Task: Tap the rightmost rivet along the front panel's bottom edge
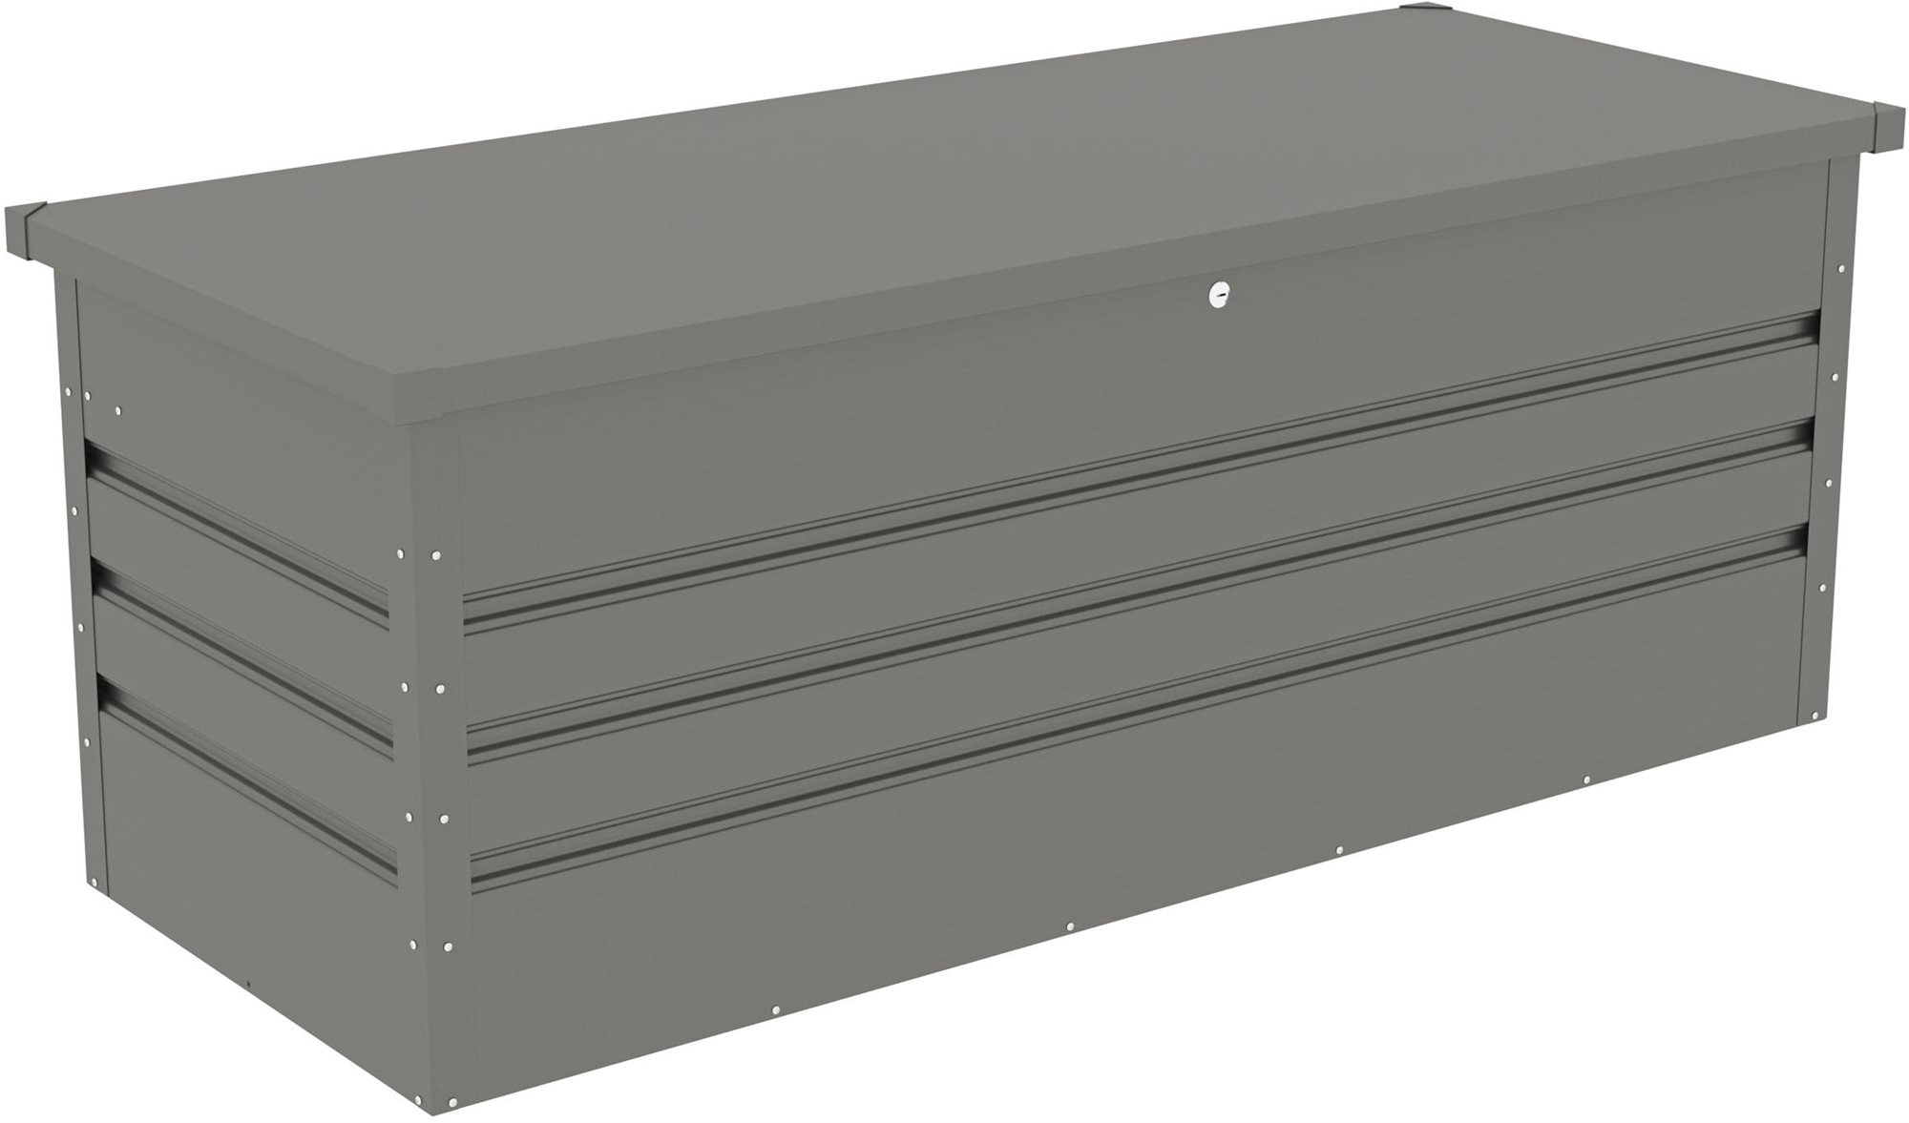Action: tap(1585, 780)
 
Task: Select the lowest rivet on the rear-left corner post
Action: tap(87, 740)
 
